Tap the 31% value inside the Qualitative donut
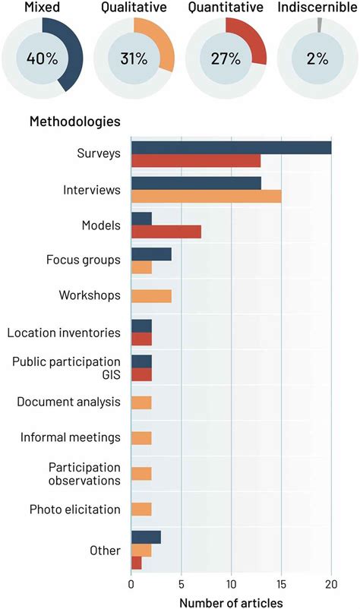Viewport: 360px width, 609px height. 132,58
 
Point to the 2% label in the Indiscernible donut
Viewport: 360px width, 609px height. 314,58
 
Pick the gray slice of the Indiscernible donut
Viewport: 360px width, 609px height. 320,24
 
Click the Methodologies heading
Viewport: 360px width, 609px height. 74,121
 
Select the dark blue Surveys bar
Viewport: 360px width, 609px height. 231,147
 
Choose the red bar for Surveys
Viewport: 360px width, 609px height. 196,160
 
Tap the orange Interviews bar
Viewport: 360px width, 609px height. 206,197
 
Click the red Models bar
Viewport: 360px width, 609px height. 166,232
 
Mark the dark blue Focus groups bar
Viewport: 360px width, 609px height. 151,254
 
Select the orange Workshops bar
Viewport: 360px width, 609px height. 151,295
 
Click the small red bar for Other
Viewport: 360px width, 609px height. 137,563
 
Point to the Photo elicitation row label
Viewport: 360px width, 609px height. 75,509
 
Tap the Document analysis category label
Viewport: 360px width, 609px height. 69,402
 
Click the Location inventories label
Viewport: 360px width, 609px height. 64,332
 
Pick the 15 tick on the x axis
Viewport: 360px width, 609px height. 281,585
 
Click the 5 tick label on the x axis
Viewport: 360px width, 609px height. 182,585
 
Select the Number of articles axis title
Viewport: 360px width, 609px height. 231,601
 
